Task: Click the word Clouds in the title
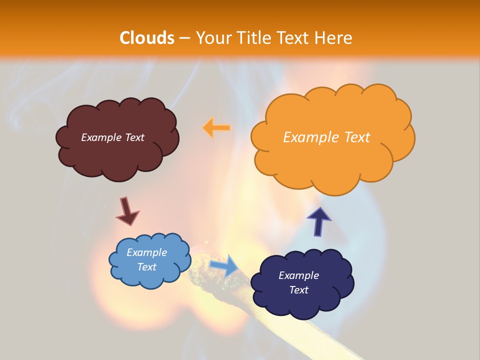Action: tap(147, 38)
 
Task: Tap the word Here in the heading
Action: tap(334, 38)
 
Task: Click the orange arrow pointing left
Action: tap(216, 128)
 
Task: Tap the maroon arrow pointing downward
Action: tap(127, 211)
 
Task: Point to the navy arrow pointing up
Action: tap(319, 221)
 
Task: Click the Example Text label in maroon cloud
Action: tap(112, 137)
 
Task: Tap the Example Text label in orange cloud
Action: tap(326, 137)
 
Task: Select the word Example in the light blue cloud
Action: tap(146, 252)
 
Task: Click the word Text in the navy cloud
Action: tap(298, 290)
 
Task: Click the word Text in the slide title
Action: tap(295, 38)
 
